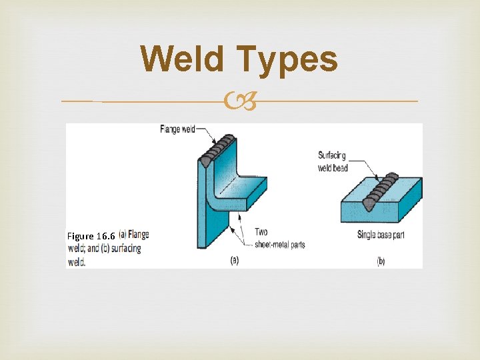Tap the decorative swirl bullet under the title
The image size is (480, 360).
coord(239,102)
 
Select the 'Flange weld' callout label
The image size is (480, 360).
coord(177,129)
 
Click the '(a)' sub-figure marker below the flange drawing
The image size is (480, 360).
coord(234,261)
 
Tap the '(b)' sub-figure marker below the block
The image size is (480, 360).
coord(380,261)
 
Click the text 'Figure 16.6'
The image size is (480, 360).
coord(91,236)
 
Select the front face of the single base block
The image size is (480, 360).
coord(374,213)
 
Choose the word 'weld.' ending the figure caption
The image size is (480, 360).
coord(77,262)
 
